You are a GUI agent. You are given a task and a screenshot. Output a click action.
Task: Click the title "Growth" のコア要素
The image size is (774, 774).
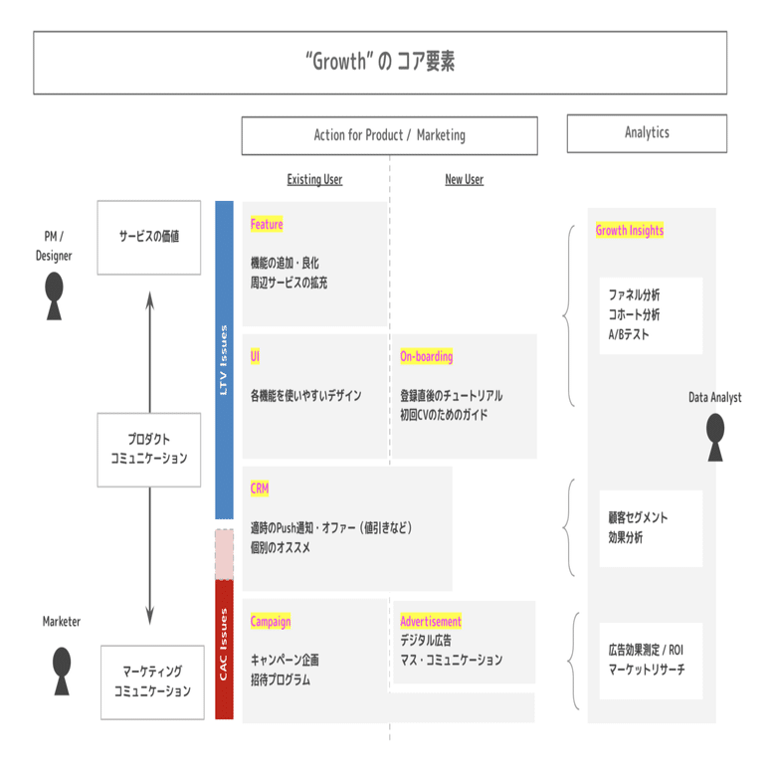[380, 63]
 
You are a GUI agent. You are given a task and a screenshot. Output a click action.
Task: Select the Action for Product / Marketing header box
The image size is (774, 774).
[389, 135]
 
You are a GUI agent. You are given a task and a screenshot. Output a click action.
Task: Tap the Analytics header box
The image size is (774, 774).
[646, 133]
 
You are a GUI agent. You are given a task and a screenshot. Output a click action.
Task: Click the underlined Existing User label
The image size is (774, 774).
[314, 180]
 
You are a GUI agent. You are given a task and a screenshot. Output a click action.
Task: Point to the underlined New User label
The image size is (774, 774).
[464, 180]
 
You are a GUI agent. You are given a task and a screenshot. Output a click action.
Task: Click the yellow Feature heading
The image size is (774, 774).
[267, 225]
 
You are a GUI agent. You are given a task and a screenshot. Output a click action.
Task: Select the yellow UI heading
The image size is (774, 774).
[256, 356]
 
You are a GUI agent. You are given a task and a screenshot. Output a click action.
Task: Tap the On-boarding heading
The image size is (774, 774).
[426, 356]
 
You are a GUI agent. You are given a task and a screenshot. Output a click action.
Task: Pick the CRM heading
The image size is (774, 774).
[260, 488]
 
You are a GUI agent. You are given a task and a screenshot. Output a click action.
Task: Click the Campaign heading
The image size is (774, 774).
[271, 621]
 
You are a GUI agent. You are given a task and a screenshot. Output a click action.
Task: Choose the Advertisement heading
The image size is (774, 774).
[431, 621]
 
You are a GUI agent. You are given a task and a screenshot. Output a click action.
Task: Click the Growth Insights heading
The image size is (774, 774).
[630, 231]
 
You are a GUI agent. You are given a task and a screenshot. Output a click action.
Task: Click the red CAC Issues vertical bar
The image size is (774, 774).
[225, 649]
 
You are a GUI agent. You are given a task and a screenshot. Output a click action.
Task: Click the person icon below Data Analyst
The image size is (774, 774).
[715, 438]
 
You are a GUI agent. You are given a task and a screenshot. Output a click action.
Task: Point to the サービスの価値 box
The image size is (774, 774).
[149, 238]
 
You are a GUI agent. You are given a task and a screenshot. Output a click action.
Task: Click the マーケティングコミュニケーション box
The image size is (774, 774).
[152, 682]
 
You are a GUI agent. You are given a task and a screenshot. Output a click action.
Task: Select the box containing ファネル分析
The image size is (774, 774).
[650, 315]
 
